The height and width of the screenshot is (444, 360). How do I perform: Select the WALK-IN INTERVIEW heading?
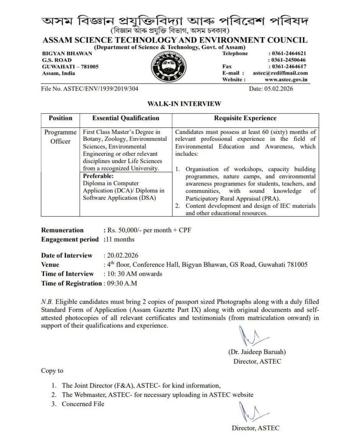pyautogui.click(x=178, y=104)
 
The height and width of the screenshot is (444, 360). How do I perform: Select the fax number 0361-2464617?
pyautogui.click(x=289, y=67)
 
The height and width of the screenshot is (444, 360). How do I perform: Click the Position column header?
pyautogui.click(x=61, y=118)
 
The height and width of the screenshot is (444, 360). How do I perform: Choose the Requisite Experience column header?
pyautogui.click(x=245, y=118)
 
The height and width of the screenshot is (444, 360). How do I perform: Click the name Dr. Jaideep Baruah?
pyautogui.click(x=254, y=352)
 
